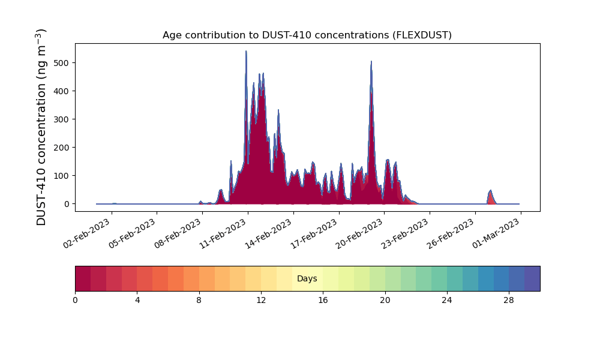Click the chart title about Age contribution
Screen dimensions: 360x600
(307, 35)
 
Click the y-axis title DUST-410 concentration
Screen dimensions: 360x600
(41, 127)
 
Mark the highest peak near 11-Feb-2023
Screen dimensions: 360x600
(246, 52)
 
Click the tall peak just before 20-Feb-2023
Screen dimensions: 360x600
(371, 62)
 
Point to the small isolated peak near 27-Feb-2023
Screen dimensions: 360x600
(490, 191)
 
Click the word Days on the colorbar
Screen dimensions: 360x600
(307, 278)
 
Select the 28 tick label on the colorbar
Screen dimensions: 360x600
(509, 299)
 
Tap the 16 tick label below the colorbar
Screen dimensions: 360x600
(323, 299)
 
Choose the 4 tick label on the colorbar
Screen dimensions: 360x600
(137, 299)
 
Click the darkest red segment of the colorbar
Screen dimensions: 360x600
(83, 278)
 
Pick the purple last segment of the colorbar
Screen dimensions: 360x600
(532, 278)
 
